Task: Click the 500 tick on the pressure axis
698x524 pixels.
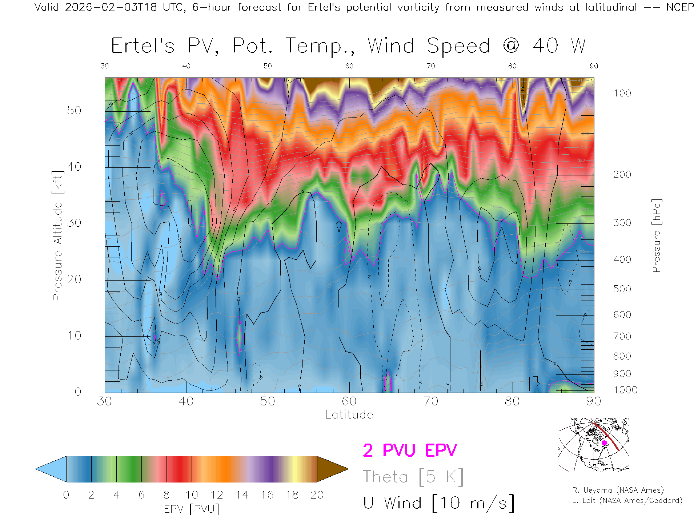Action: pos(622,289)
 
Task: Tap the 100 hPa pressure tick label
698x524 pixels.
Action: pos(622,93)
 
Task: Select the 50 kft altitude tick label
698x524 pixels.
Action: pos(74,110)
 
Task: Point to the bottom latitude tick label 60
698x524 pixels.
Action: pos(349,401)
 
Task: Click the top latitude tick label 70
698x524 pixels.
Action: pos(431,66)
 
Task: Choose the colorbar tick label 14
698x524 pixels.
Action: pos(242,495)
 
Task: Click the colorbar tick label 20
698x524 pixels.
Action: pos(317,495)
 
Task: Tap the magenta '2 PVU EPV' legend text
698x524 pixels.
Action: pos(410,450)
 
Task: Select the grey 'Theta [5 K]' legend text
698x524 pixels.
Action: pos(413,477)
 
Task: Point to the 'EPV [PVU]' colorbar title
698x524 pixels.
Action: pos(192,509)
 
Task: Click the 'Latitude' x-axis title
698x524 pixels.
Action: pos(349,414)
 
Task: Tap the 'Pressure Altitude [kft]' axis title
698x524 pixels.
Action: pos(57,235)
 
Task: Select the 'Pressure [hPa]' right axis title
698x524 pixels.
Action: pos(656,235)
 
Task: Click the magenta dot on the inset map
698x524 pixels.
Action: pos(604,443)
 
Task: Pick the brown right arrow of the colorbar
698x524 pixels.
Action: pos(332,469)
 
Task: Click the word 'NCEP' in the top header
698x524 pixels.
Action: pos(680,7)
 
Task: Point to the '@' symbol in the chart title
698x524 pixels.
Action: pos(512,46)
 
